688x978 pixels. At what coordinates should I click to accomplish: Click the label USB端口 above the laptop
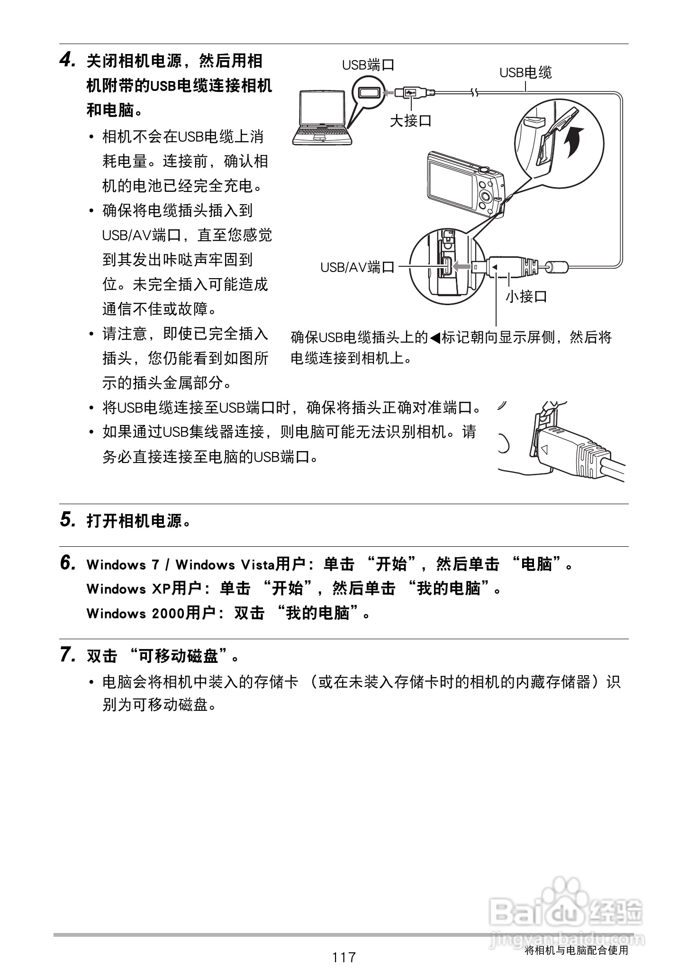point(368,65)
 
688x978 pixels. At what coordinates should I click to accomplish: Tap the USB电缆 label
point(525,72)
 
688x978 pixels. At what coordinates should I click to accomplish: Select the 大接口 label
point(410,121)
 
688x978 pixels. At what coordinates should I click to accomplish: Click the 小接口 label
point(526,297)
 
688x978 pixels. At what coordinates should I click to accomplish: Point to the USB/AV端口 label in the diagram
point(357,267)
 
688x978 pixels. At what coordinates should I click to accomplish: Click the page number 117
point(344,958)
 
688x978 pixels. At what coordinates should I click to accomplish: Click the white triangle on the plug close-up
point(544,448)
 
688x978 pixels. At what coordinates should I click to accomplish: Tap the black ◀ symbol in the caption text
point(435,338)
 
